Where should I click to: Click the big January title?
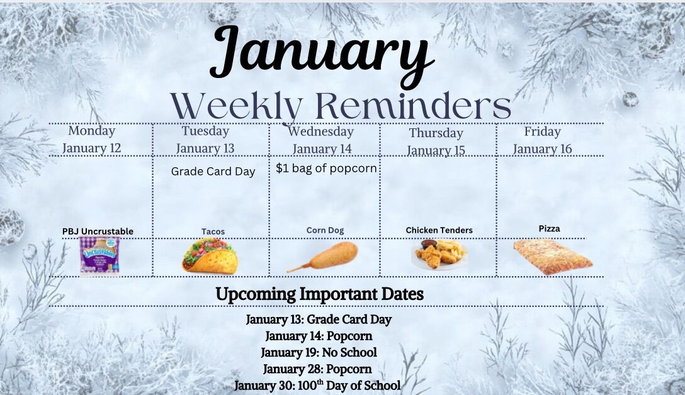(x=322, y=55)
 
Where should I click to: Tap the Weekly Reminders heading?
(x=341, y=106)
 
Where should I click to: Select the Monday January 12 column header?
(x=92, y=139)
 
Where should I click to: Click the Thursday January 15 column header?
(x=436, y=141)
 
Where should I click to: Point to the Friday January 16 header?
(x=542, y=140)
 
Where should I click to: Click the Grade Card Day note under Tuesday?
(x=213, y=172)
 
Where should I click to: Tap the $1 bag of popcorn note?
(x=326, y=169)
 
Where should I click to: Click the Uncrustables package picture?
(x=99, y=257)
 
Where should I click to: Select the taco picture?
(x=210, y=257)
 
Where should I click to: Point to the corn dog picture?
(x=323, y=257)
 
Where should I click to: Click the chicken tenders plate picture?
(x=439, y=254)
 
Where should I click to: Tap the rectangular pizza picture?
(x=553, y=257)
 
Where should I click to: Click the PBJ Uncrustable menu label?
(x=98, y=231)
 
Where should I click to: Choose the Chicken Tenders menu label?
(x=439, y=230)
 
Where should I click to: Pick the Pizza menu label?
(x=549, y=229)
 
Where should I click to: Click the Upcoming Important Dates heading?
(x=319, y=294)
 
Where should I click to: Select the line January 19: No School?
(x=319, y=352)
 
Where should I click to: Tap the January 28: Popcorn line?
(x=317, y=369)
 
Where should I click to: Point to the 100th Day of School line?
(x=317, y=386)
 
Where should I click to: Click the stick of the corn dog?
(x=298, y=268)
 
